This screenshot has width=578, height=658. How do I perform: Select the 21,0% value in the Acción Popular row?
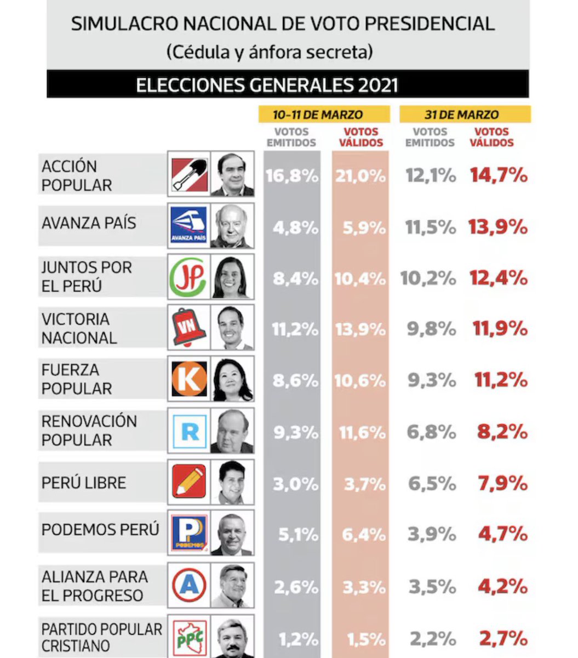(360, 176)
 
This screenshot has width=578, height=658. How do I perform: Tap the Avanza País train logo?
(189, 225)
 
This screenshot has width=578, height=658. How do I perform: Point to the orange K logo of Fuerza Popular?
(189, 378)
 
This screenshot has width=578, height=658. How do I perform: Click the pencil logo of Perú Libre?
(189, 481)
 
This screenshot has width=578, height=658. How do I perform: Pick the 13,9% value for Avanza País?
(497, 226)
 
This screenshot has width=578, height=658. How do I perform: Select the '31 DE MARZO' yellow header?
(465, 115)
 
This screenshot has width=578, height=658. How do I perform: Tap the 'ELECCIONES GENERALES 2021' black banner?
(288, 85)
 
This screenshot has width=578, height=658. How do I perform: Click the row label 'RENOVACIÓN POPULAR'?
(89, 430)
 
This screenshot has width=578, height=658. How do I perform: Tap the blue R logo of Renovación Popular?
(189, 430)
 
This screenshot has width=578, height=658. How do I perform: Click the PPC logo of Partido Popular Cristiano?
(189, 638)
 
